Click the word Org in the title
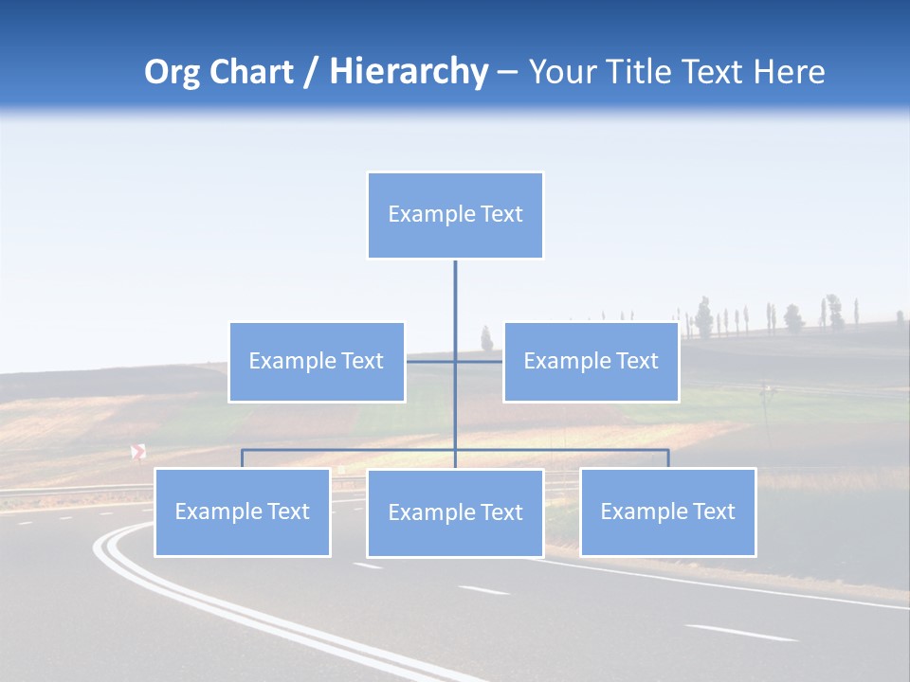[x=172, y=72]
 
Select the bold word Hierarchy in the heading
[x=409, y=72]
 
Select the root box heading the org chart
[x=455, y=215]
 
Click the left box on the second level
[x=317, y=362]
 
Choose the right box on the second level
[x=591, y=362]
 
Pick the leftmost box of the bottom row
[x=242, y=512]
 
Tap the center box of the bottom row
[x=455, y=513]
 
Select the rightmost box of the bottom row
[x=667, y=512]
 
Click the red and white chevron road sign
[x=138, y=452]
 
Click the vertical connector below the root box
[x=455, y=303]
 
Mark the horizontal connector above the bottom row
[x=351, y=450]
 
